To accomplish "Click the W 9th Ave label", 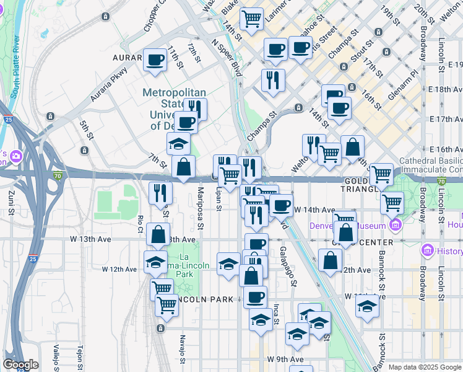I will click(285, 359).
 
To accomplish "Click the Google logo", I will click(20, 365).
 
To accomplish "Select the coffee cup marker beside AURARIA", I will click(155, 60).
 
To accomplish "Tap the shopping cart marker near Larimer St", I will click(251, 19).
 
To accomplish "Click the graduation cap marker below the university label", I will click(178, 144).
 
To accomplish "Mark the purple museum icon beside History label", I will click(426, 250).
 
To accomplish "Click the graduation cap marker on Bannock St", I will click(367, 306).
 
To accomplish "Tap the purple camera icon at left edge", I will click(14, 156).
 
